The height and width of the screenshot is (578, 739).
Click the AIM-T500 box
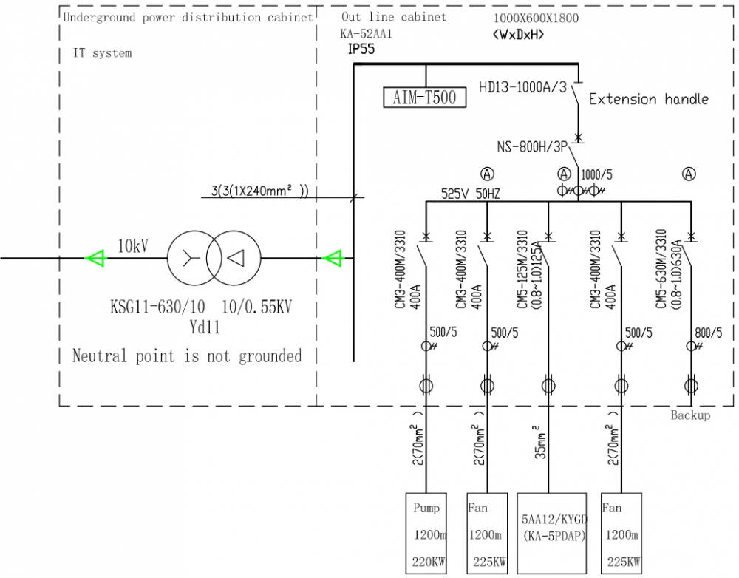click(425, 97)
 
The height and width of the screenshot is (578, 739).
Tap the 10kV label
click(133, 246)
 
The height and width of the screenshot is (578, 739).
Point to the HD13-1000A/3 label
click(522, 87)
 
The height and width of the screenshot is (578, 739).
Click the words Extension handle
click(648, 99)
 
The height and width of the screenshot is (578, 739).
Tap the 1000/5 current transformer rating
click(596, 175)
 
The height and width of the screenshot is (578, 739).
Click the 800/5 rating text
click(709, 333)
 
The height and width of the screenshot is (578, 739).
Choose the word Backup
click(690, 415)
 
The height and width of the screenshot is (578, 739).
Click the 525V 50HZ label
click(471, 194)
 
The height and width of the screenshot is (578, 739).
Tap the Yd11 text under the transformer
click(205, 327)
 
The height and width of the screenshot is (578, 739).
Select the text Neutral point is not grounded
click(187, 356)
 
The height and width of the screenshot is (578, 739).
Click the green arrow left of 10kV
click(95, 258)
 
